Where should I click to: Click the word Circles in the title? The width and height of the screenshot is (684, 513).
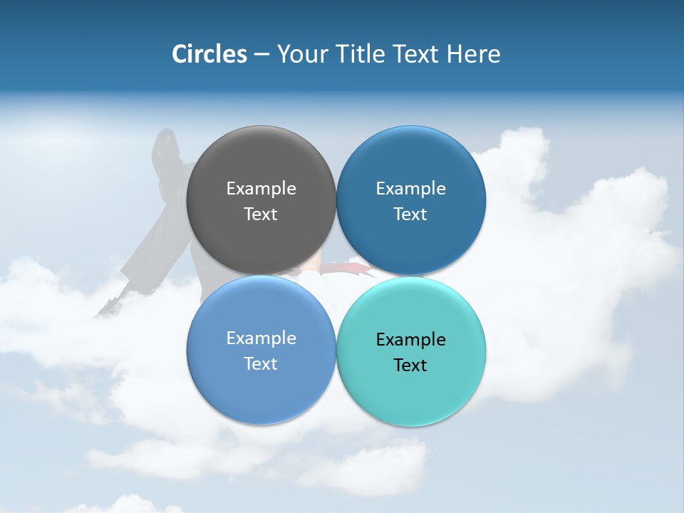click(x=209, y=54)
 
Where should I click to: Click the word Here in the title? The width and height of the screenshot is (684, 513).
click(x=473, y=54)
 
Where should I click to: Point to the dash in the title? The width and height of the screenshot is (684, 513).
click(x=261, y=55)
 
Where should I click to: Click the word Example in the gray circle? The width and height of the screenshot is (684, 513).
click(x=261, y=188)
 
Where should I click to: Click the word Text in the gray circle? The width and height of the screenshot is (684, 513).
click(x=261, y=214)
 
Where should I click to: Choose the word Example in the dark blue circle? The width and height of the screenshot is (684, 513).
click(x=410, y=188)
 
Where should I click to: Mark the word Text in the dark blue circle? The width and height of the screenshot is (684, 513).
click(x=410, y=214)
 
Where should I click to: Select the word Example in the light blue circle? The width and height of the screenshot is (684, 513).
click(x=261, y=338)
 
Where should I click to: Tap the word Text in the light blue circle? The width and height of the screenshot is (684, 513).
click(x=261, y=363)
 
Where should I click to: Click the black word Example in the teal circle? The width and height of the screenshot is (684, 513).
click(x=410, y=339)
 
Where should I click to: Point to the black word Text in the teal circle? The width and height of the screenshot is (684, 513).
click(x=410, y=365)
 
